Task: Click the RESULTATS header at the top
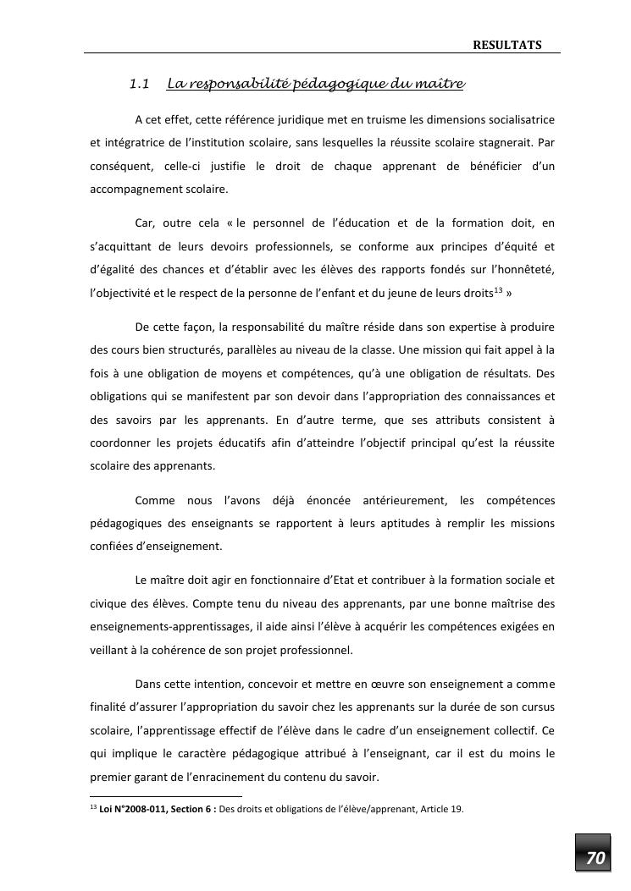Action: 506,45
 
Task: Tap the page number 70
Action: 595,858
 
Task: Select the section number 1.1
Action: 140,84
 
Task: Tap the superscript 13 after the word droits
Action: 498,290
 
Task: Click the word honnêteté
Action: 523,270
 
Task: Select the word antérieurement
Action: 397,501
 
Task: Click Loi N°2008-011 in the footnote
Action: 131,809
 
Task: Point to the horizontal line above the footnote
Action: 166,796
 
